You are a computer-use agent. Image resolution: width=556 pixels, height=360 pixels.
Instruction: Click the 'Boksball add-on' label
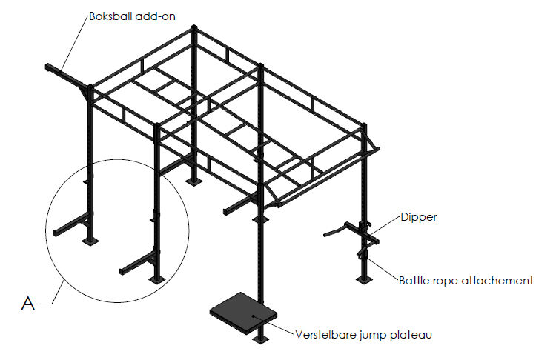point(131,16)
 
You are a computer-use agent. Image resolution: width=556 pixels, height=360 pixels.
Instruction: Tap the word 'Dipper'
point(420,219)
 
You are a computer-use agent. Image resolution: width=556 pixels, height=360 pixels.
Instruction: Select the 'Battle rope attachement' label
point(466,281)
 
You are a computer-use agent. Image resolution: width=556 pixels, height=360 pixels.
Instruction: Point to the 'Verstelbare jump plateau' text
point(363,335)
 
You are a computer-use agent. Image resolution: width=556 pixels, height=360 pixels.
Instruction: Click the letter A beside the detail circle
point(28,302)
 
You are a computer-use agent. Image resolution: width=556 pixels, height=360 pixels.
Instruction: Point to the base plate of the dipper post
point(363,279)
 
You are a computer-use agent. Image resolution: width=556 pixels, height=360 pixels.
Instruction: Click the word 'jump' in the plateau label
point(374,336)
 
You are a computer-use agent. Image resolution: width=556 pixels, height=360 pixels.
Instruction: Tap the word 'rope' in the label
point(451,281)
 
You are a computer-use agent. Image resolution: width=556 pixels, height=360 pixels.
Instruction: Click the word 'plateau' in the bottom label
point(412,335)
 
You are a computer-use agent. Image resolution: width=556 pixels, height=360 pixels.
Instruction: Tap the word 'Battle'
point(416,281)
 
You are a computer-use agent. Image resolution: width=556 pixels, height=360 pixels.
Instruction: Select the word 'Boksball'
point(113,16)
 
